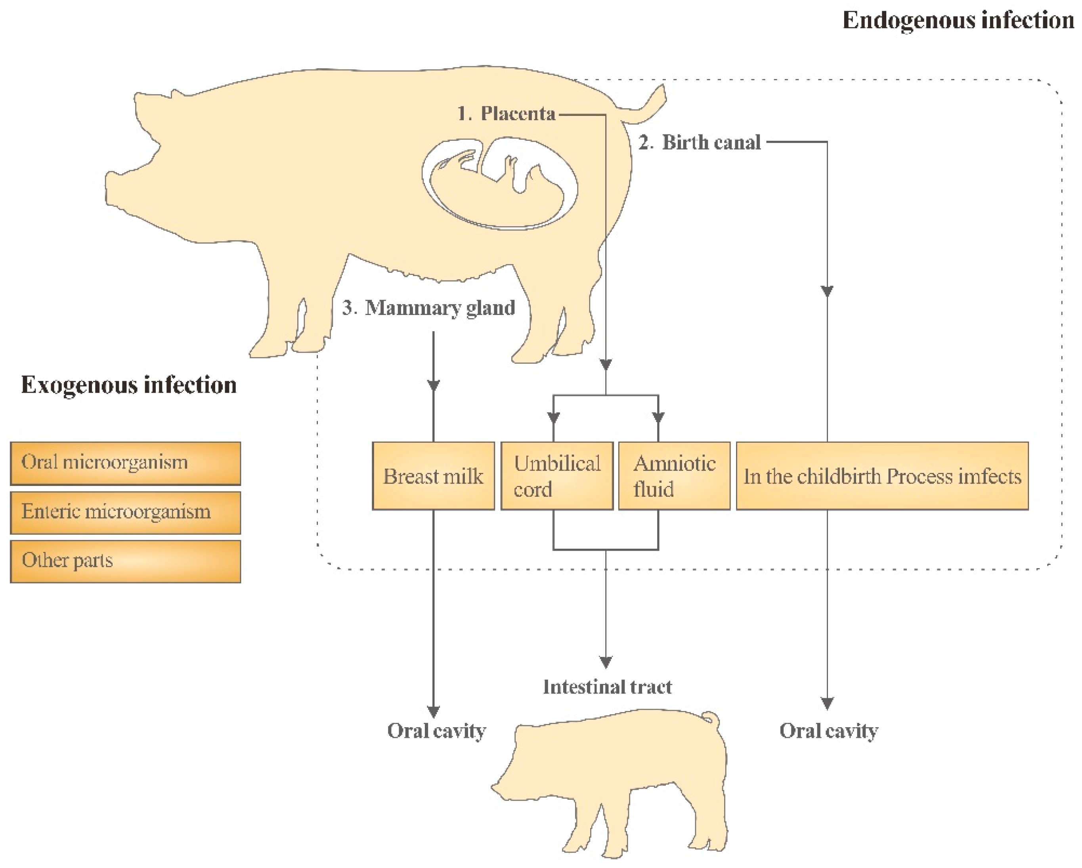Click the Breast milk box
point(433,476)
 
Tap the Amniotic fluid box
point(674,476)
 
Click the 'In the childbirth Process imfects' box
point(882,476)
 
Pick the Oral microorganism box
point(126,463)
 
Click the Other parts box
point(126,561)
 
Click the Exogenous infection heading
point(128,385)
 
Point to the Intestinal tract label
point(607,687)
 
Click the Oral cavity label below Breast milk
point(436,731)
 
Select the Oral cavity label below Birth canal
point(829,731)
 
